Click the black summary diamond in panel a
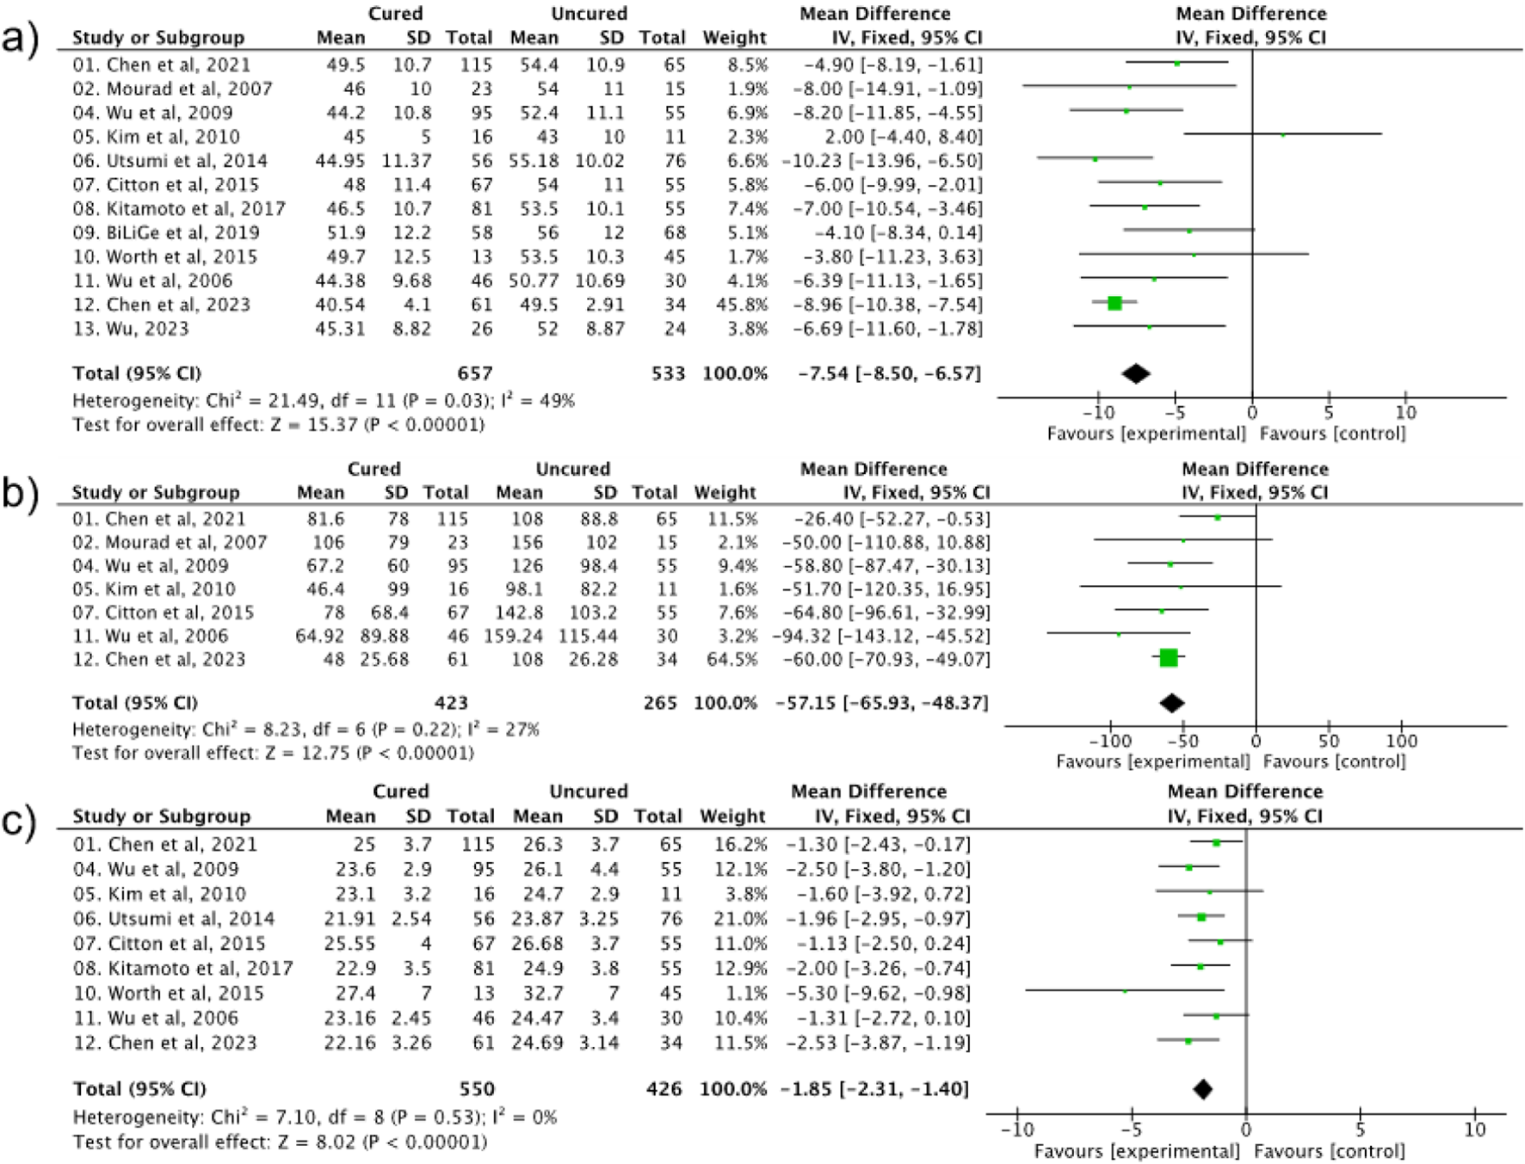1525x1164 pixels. [1136, 373]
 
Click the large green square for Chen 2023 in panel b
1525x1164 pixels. [1168, 658]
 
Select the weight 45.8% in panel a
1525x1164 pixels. [735, 305]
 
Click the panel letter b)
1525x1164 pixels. [21, 493]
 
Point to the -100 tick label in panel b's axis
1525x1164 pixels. [1109, 741]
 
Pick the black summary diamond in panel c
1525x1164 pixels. [1202, 1089]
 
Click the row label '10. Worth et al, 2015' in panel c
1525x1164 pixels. [169, 993]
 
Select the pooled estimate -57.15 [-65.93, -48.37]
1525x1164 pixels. [881, 703]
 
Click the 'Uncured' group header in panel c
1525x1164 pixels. [589, 791]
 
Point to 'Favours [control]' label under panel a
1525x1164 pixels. [1332, 434]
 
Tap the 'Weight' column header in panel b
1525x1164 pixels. [725, 492]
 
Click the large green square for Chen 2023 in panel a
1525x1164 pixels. [1114, 303]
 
